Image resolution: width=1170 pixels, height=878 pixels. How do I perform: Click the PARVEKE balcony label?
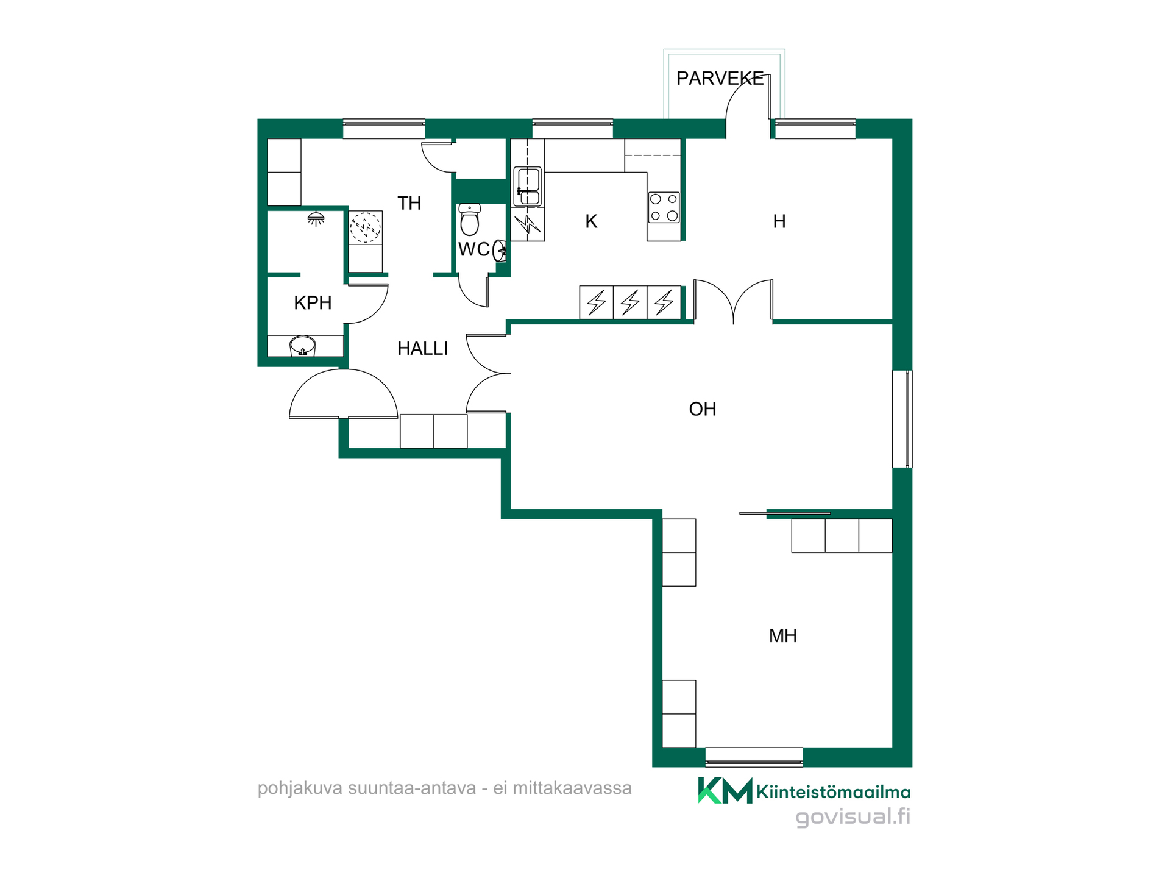[x=720, y=79]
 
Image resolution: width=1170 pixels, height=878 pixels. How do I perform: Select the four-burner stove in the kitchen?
[x=664, y=207]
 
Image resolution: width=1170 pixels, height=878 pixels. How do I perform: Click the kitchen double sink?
[x=528, y=186]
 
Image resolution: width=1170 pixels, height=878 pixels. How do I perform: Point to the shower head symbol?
[x=316, y=218]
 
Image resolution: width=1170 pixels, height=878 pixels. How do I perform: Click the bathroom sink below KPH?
[x=303, y=346]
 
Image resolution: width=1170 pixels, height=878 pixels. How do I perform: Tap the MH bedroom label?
[x=783, y=636]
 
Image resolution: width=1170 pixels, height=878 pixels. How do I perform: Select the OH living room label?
[x=703, y=409]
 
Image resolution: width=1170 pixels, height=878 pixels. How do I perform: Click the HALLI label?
[x=422, y=349]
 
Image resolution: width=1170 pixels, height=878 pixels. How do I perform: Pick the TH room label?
[x=409, y=203]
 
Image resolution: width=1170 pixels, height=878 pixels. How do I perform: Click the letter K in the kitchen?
[x=591, y=221]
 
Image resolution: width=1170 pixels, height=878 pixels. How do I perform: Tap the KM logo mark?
[x=725, y=790]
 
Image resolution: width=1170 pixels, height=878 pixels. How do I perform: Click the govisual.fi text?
[x=853, y=816]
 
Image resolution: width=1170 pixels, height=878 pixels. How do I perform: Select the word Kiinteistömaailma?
[x=834, y=792]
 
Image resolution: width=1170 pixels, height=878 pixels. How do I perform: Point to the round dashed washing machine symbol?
[x=365, y=227]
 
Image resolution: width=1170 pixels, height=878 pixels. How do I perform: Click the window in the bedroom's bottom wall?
[x=754, y=757]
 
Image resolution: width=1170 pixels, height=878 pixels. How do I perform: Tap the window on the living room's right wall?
[x=902, y=419]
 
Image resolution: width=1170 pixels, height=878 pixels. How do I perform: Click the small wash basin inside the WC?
[x=500, y=250]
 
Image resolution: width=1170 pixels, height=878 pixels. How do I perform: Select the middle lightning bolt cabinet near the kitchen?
[x=630, y=302]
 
